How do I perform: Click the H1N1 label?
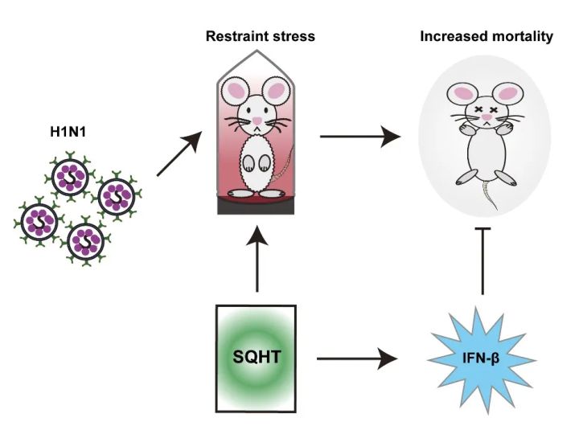pyautogui.click(x=68, y=132)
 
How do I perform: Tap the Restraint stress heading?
pyautogui.click(x=261, y=36)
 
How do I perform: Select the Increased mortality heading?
pyautogui.click(x=487, y=36)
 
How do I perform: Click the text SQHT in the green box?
pyautogui.click(x=257, y=357)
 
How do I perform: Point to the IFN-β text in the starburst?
pyautogui.click(x=481, y=358)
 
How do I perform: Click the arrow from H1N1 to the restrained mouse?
pyautogui.click(x=179, y=154)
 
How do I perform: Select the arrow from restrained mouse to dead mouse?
pyautogui.click(x=360, y=137)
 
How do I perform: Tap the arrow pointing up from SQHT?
pyautogui.click(x=257, y=259)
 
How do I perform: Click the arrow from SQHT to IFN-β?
pyautogui.click(x=357, y=358)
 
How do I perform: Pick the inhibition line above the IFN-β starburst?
pyautogui.click(x=482, y=261)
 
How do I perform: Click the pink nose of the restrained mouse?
pyautogui.click(x=257, y=121)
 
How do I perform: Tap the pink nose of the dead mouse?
pyautogui.click(x=487, y=117)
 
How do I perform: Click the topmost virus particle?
pyautogui.click(x=70, y=177)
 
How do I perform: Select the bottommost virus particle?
pyautogui.click(x=86, y=241)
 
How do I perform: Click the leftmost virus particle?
pyautogui.click(x=39, y=222)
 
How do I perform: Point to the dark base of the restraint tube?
pyautogui.click(x=256, y=207)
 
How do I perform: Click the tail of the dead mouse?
pyautogui.click(x=490, y=194)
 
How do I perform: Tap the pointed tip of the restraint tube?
pyautogui.click(x=257, y=51)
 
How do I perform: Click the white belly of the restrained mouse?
pyautogui.click(x=257, y=162)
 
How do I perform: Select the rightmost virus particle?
pyautogui.click(x=117, y=197)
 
